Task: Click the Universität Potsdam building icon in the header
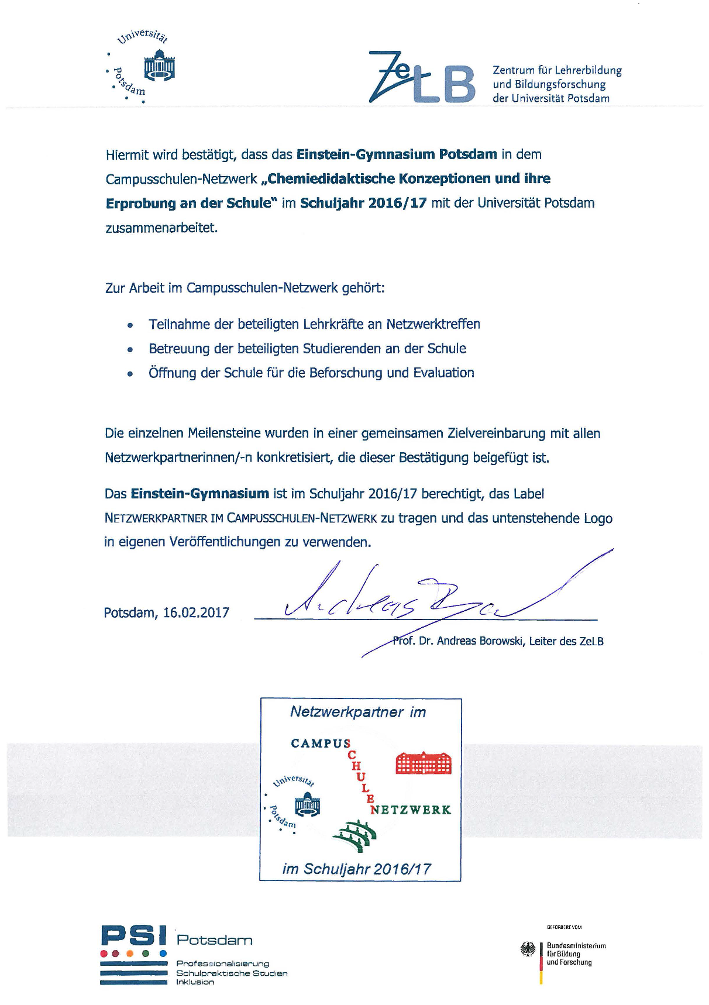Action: click(x=160, y=65)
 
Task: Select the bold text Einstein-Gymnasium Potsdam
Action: click(x=397, y=154)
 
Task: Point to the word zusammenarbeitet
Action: click(x=161, y=228)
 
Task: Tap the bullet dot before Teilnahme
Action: click(x=130, y=325)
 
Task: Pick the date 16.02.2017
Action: click(x=196, y=612)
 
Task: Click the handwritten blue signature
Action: click(x=409, y=603)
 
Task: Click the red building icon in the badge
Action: click(x=424, y=763)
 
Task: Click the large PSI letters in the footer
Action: click(x=134, y=935)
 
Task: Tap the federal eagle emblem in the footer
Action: click(x=528, y=949)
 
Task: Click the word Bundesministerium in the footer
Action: click(x=576, y=945)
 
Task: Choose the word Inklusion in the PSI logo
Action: click(x=195, y=982)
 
